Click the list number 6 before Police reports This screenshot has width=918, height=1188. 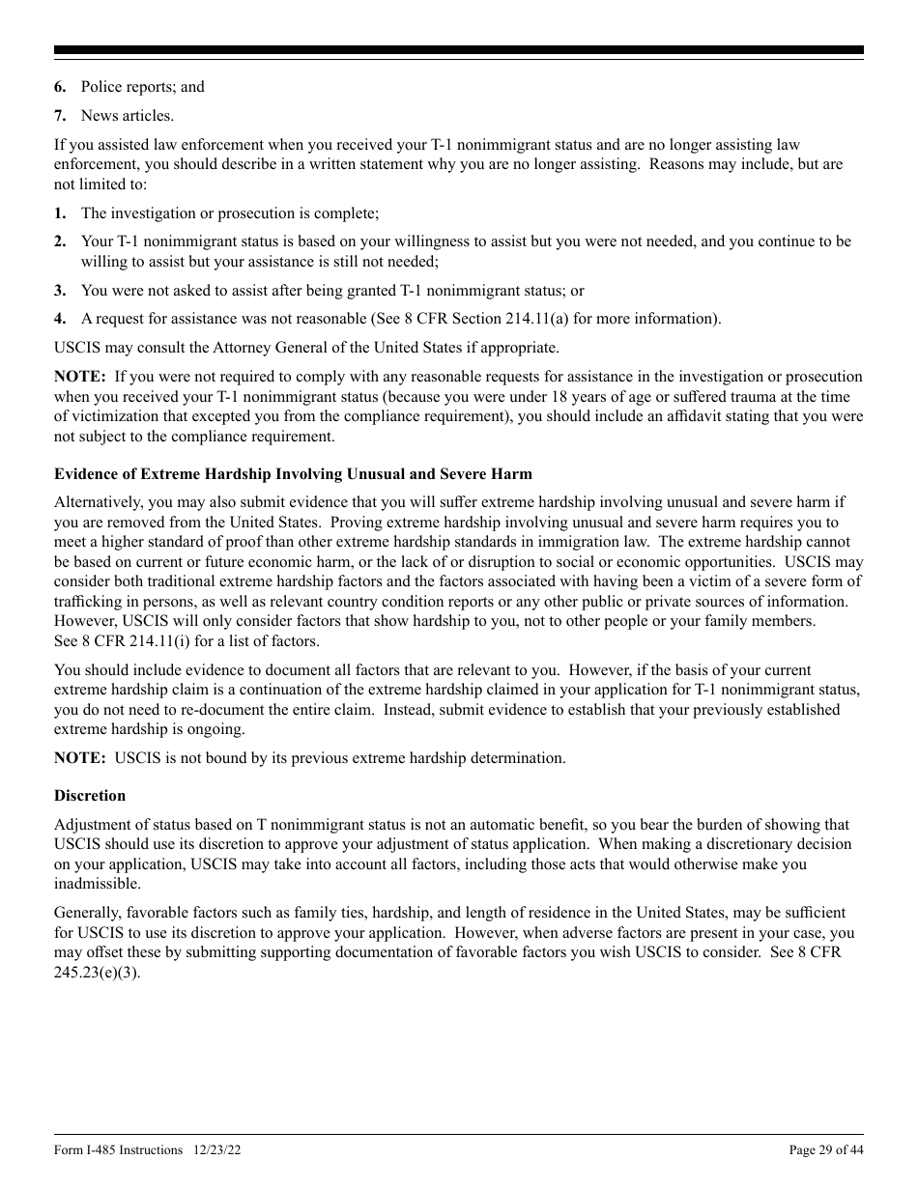tap(60, 87)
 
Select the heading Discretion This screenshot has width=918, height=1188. tap(90, 796)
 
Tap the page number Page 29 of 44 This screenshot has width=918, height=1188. tap(826, 1149)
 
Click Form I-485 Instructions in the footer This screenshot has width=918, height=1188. tap(118, 1149)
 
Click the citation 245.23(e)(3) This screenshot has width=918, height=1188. tap(97, 973)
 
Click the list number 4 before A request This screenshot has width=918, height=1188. tap(60, 319)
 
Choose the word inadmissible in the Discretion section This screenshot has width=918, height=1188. tap(97, 884)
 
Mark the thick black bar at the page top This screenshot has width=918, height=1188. tap(459, 50)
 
